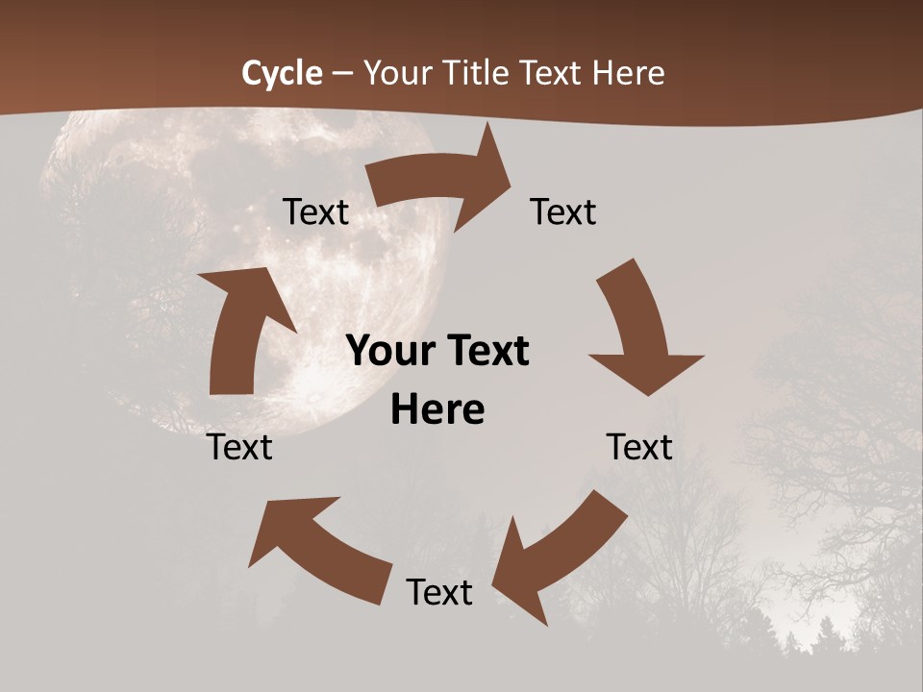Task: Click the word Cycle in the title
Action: pyautogui.click(x=282, y=73)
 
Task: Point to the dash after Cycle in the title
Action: pyautogui.click(x=342, y=74)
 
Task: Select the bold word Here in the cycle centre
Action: pyautogui.click(x=437, y=409)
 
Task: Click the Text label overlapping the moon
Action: pyautogui.click(x=315, y=212)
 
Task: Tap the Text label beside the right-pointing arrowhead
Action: pyautogui.click(x=563, y=212)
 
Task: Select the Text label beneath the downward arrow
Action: pyautogui.click(x=639, y=447)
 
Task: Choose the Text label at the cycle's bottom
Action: pyautogui.click(x=439, y=592)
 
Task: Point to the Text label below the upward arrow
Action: pyautogui.click(x=239, y=447)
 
